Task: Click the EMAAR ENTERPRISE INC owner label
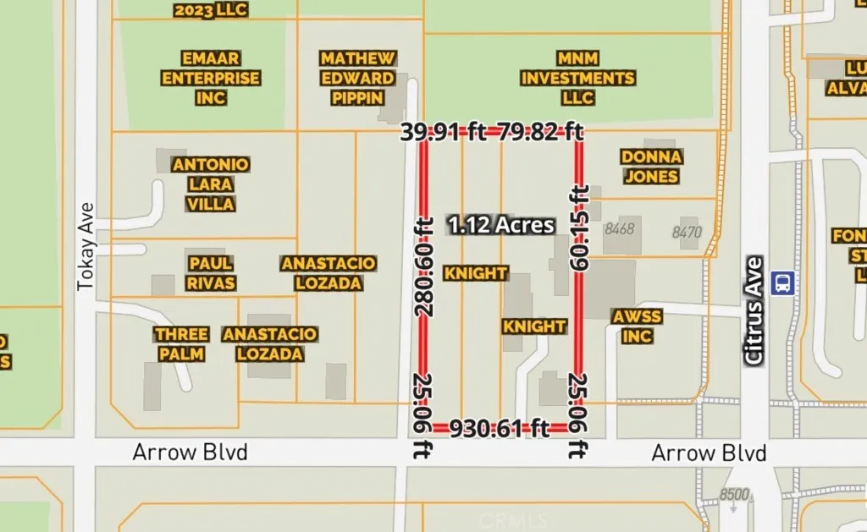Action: [x=211, y=78]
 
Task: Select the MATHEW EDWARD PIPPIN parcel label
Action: [x=357, y=78]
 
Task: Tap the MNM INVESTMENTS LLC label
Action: [x=577, y=78]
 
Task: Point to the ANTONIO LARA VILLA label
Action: [x=211, y=184]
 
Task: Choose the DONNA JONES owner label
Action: [x=650, y=167]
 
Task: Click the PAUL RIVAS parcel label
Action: [x=212, y=272]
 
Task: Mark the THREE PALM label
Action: [x=181, y=344]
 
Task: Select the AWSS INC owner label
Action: [x=636, y=326]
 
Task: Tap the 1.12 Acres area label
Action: [x=502, y=225]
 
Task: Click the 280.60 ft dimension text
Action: [x=424, y=266]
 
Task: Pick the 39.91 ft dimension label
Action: [x=441, y=131]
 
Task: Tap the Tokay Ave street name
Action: [x=85, y=246]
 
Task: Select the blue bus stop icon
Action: [x=783, y=282]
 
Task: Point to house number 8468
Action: [x=619, y=229]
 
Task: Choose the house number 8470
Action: [x=687, y=231]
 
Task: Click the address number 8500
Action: [x=734, y=495]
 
